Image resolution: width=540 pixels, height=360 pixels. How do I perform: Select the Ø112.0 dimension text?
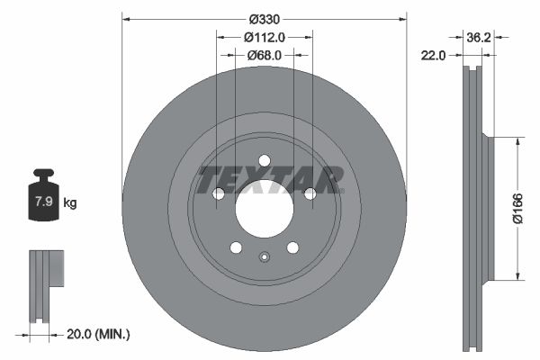point(265,38)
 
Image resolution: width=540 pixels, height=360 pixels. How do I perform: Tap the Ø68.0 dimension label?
point(265,55)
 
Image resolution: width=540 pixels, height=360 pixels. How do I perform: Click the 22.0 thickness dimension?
point(434,56)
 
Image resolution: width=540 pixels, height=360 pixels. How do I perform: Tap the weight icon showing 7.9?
point(42,200)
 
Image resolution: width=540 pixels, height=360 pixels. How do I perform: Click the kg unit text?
point(69,203)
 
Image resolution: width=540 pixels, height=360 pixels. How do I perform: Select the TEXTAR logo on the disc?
point(270,179)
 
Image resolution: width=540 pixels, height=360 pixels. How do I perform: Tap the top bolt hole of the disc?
point(264,161)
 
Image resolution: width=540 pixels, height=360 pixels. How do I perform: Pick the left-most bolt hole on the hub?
point(217,193)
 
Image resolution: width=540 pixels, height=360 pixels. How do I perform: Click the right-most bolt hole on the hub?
point(310,193)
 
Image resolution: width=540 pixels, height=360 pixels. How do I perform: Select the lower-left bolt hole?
point(236,248)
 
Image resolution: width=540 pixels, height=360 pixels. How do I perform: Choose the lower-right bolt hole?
point(292,248)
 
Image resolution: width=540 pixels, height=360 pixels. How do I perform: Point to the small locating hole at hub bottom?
point(264,258)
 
